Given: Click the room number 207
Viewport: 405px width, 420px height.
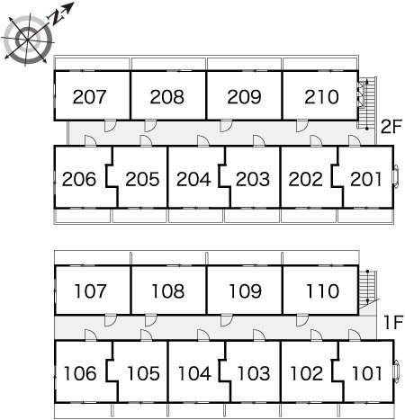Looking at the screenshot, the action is (x=89, y=97).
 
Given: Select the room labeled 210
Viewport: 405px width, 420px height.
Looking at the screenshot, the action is (x=321, y=97).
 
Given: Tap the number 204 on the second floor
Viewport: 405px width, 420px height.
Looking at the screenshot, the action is (x=193, y=179).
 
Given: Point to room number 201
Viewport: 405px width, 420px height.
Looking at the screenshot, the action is (x=366, y=179).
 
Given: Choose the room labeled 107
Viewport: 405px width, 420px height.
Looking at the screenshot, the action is (x=90, y=291).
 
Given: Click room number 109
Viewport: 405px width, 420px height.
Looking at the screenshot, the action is (x=245, y=291).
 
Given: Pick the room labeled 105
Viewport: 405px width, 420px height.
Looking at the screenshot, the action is (x=143, y=373).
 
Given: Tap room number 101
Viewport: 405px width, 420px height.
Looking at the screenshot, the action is (x=367, y=373).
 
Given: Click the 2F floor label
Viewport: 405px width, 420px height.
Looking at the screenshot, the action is (x=391, y=127).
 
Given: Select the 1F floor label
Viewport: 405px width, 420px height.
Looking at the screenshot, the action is (x=393, y=323).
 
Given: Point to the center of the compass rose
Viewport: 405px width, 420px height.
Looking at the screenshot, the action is (x=28, y=40).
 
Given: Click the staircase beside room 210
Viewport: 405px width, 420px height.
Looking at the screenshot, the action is (x=367, y=103).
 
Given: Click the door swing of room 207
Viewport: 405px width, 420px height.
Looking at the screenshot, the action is (x=110, y=126).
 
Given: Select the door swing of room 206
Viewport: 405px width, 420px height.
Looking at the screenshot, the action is (x=90, y=140).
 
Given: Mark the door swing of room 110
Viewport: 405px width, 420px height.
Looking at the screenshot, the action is (x=302, y=320).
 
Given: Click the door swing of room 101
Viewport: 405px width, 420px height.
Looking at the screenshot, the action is (x=355, y=335).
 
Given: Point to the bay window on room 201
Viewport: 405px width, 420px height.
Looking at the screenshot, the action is (x=396, y=177).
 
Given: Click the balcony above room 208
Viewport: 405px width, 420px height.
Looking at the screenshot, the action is (x=168, y=64).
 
